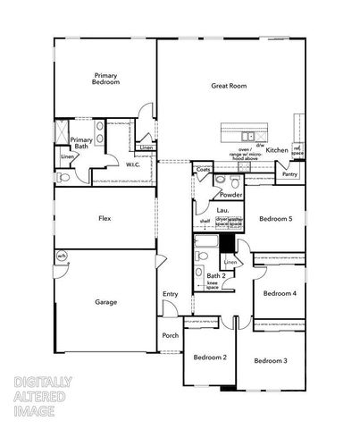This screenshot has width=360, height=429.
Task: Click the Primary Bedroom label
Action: [105, 79]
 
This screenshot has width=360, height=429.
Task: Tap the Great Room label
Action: [229, 86]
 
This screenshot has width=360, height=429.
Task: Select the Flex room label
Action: [105, 217]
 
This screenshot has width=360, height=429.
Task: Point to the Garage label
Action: [106, 302]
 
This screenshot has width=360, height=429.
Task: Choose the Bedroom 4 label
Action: [280, 293]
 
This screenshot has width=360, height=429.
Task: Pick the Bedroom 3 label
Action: [270, 360]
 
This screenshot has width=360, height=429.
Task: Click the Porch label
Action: [171, 336]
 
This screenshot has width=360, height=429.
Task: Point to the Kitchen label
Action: [277, 150]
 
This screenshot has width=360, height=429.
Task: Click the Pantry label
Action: [289, 174]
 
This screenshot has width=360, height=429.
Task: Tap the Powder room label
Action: [231, 195]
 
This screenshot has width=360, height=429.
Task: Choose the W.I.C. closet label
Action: [133, 164]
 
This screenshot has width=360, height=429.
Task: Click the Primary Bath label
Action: [82, 143]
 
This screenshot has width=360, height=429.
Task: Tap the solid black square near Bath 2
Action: [228, 242]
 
